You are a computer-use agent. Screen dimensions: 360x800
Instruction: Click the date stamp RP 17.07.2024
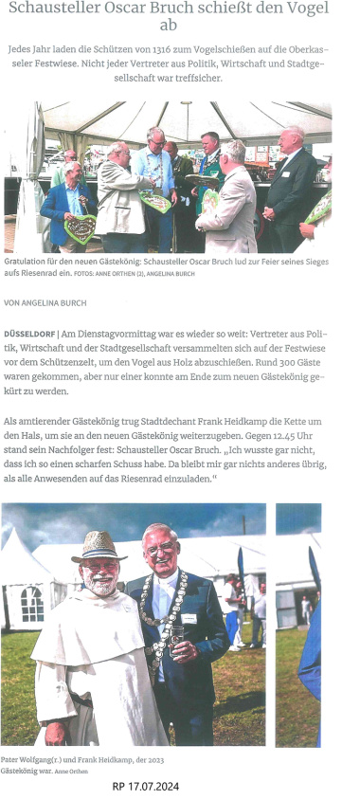145,787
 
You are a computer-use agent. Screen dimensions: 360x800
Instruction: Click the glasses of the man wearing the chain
159,549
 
